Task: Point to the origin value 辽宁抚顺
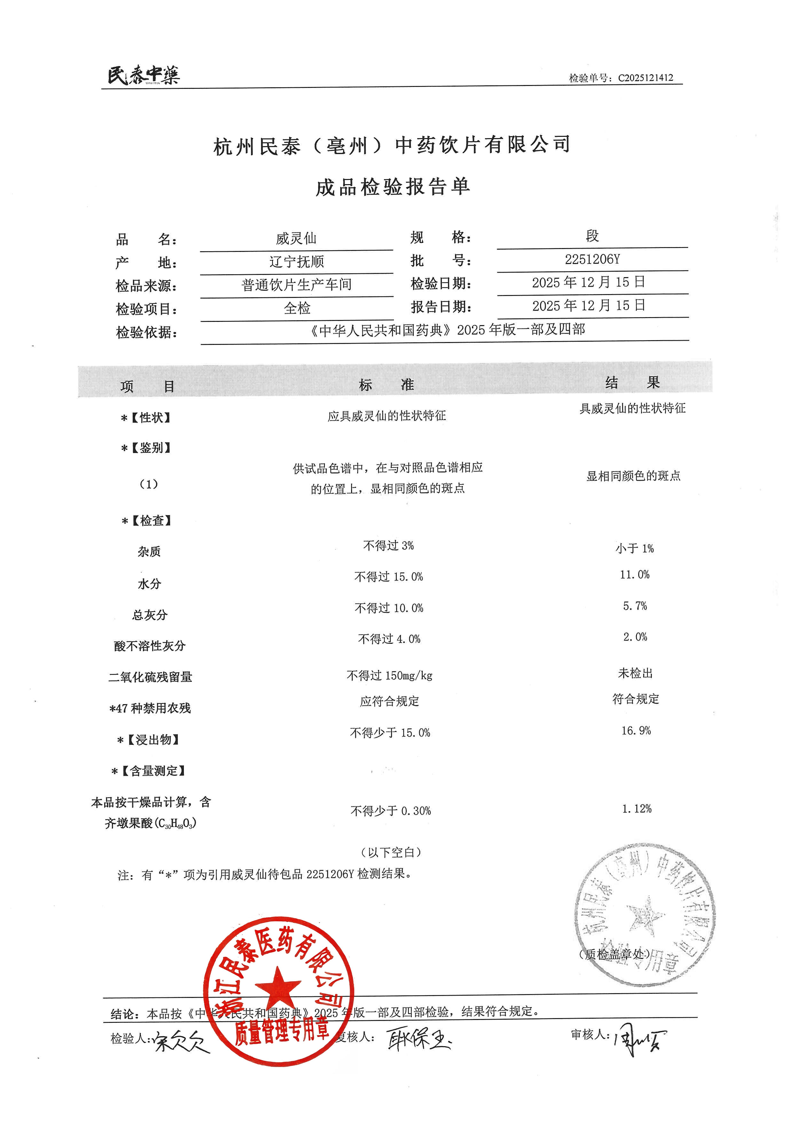[296, 262]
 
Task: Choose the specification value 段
[592, 236]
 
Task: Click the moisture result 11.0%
[634, 575]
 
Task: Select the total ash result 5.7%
[634, 606]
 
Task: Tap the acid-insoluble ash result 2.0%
[635, 637]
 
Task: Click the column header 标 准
[386, 385]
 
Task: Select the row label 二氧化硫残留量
[150, 677]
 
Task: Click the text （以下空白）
[391, 852]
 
